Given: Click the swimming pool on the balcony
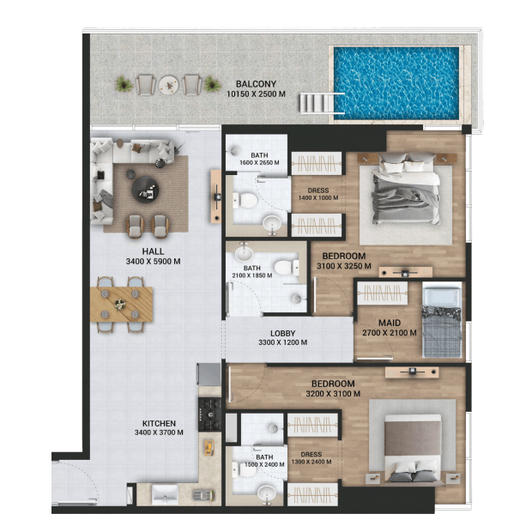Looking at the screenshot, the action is pyautogui.click(x=396, y=83).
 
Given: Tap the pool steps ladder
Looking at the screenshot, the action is pyautogui.click(x=322, y=103).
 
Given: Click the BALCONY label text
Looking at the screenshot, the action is pyautogui.click(x=257, y=84).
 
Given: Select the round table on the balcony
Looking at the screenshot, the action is pyautogui.click(x=169, y=84).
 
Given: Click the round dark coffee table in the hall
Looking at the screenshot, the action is pyautogui.click(x=145, y=190).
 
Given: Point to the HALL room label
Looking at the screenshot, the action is pyautogui.click(x=153, y=251).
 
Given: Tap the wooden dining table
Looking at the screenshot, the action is pyautogui.click(x=122, y=304).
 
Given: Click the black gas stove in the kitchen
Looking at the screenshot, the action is pyautogui.click(x=210, y=414).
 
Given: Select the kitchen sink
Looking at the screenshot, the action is pyautogui.click(x=166, y=495).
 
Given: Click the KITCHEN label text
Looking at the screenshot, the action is pyautogui.click(x=159, y=423).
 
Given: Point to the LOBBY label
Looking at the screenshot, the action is pyautogui.click(x=282, y=334).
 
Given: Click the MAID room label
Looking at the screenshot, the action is pyautogui.click(x=390, y=323).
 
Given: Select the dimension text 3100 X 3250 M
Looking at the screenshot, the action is pyautogui.click(x=344, y=266).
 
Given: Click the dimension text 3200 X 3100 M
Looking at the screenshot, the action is pyautogui.click(x=333, y=394).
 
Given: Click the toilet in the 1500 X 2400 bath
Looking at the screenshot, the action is pyautogui.click(x=245, y=469).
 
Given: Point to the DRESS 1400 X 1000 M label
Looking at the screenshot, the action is pyautogui.click(x=318, y=194).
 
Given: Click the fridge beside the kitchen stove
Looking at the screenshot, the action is pyautogui.click(x=209, y=375).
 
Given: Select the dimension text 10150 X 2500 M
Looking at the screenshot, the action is pyautogui.click(x=256, y=94).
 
